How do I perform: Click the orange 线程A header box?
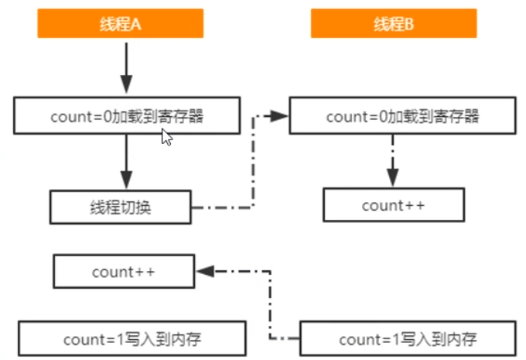pyautogui.click(x=120, y=25)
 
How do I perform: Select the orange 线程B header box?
pyautogui.click(x=394, y=25)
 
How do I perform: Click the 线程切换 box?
pyautogui.click(x=120, y=207)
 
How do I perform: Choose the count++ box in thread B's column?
pyautogui.click(x=393, y=206)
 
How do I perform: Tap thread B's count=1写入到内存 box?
pyautogui.click(x=407, y=339)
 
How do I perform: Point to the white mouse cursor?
pyautogui.click(x=166, y=137)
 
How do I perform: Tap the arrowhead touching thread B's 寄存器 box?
pyautogui.click(x=281, y=117)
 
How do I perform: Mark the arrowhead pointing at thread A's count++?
pyautogui.click(x=204, y=272)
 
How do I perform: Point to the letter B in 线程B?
pyautogui.click(x=409, y=25)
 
